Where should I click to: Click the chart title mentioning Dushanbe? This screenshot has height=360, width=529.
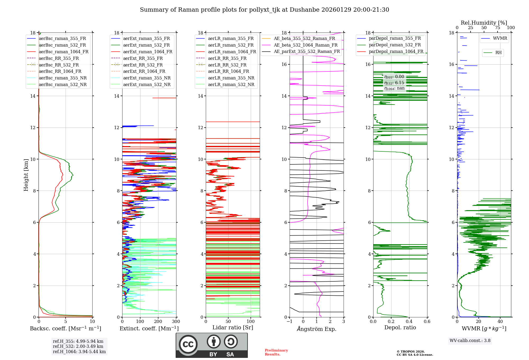point(264,10)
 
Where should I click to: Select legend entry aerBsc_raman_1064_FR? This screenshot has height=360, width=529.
point(63,52)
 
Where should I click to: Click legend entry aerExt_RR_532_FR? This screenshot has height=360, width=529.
point(143,65)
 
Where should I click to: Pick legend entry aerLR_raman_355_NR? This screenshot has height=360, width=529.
point(231,78)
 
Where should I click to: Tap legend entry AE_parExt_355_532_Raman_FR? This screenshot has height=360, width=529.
point(307,51)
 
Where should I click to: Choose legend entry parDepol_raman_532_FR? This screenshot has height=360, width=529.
point(395,45)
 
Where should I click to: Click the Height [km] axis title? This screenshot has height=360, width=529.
point(26,175)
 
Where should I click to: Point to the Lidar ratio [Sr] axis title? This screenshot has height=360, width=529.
point(233,327)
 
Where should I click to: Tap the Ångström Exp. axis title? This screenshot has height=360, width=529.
point(317,329)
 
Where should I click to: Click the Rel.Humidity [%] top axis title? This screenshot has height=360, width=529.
point(484,23)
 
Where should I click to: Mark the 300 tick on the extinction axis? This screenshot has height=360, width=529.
point(176,322)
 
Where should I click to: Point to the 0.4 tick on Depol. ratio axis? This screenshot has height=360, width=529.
point(409,322)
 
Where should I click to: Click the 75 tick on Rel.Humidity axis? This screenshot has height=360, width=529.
point(498,28)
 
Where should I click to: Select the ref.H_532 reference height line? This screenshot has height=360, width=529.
point(78,346)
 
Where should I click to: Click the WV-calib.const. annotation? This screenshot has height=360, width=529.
point(470,341)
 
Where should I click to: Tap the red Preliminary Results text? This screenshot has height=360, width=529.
point(276,352)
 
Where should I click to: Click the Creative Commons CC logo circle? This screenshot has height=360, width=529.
point(188,344)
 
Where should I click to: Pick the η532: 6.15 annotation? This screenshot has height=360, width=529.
point(394,83)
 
